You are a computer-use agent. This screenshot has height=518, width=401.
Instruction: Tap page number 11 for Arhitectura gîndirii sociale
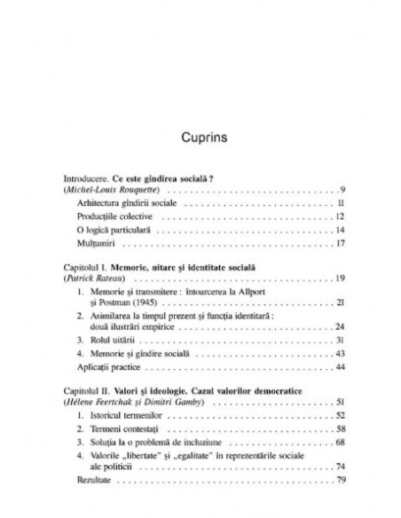(x=341, y=204)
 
